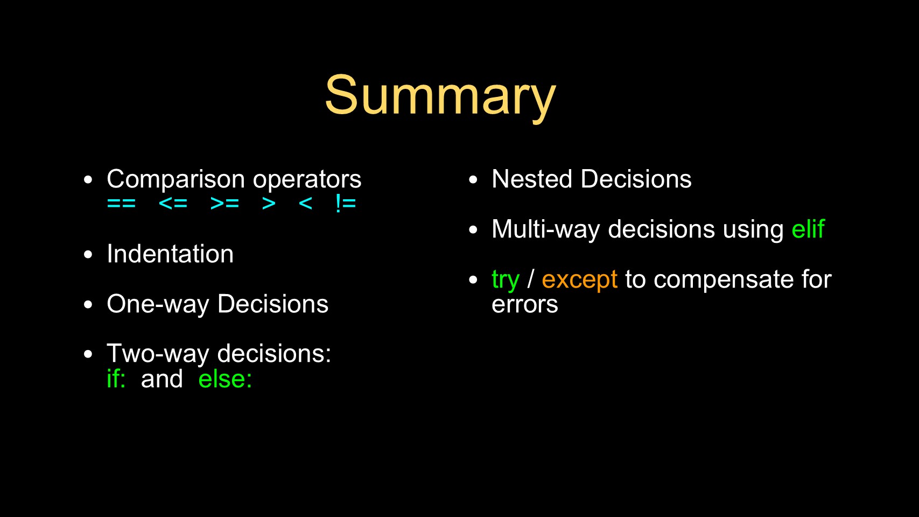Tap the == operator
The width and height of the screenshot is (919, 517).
pos(121,203)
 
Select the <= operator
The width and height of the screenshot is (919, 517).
pos(173,203)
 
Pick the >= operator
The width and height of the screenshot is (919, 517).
pos(225,203)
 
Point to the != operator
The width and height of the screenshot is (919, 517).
pos(346,203)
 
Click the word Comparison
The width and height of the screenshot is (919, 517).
pos(176,179)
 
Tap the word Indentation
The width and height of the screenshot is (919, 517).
pos(170,254)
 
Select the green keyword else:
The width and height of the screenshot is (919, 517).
pos(225,378)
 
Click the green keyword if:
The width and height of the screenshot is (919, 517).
pos(116,378)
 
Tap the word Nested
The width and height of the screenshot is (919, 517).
pos(532,179)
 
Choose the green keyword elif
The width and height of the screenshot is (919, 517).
pos(808,228)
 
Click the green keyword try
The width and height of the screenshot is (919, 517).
pos(506,280)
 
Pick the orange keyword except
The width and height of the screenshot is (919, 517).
pos(579,280)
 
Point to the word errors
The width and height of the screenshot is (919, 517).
pos(525,305)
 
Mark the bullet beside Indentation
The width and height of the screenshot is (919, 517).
pos(88,254)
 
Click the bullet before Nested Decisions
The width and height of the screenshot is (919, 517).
pos(473,180)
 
